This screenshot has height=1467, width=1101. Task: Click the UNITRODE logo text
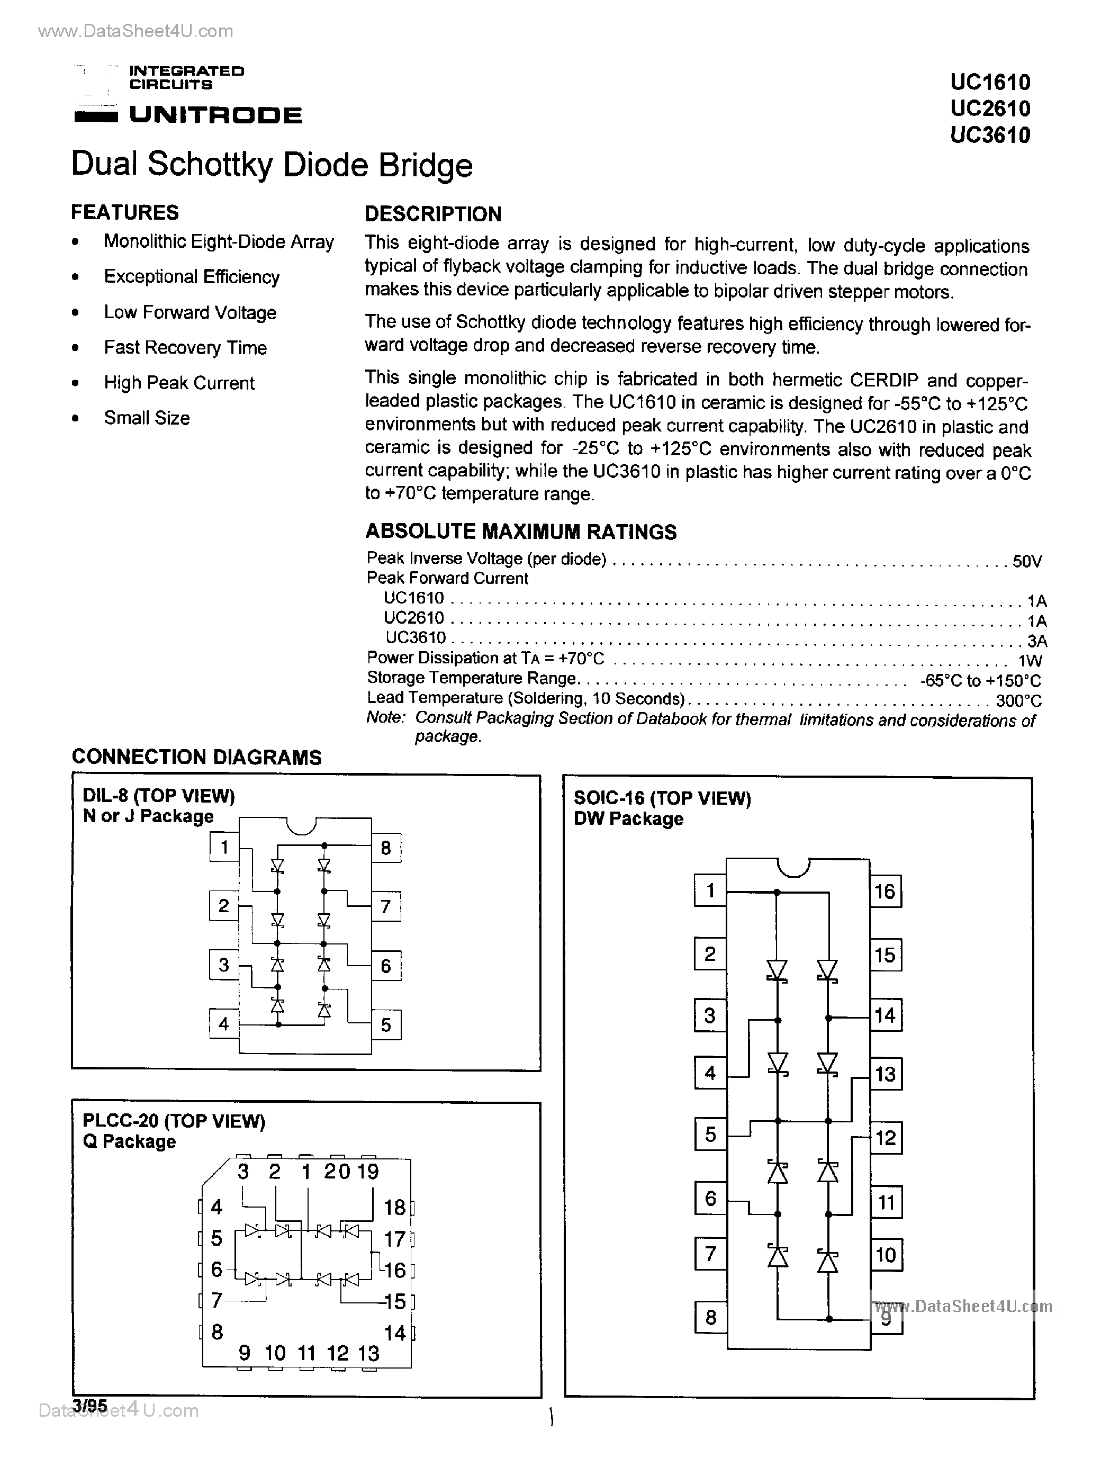[x=215, y=115]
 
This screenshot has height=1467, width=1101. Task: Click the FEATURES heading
[x=125, y=212]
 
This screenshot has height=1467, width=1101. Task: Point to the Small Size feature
[x=147, y=418]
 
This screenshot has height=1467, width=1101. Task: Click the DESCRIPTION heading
[x=433, y=214]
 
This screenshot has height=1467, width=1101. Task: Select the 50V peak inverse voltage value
[x=1027, y=562]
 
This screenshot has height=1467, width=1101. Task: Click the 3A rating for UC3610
[x=1036, y=641]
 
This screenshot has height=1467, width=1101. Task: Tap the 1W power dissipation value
[x=1030, y=661]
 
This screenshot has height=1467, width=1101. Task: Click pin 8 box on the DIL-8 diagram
[x=386, y=848]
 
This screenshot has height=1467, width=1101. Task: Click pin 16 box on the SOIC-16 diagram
[x=886, y=892]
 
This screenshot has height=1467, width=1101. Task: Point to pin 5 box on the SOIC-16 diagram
[x=710, y=1134]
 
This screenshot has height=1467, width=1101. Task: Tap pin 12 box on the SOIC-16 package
[x=886, y=1138]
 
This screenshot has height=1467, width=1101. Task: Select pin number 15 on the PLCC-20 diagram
[x=395, y=1301]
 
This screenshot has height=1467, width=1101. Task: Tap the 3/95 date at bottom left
[x=89, y=1406]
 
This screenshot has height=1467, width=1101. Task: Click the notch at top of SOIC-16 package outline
[x=793, y=866]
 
